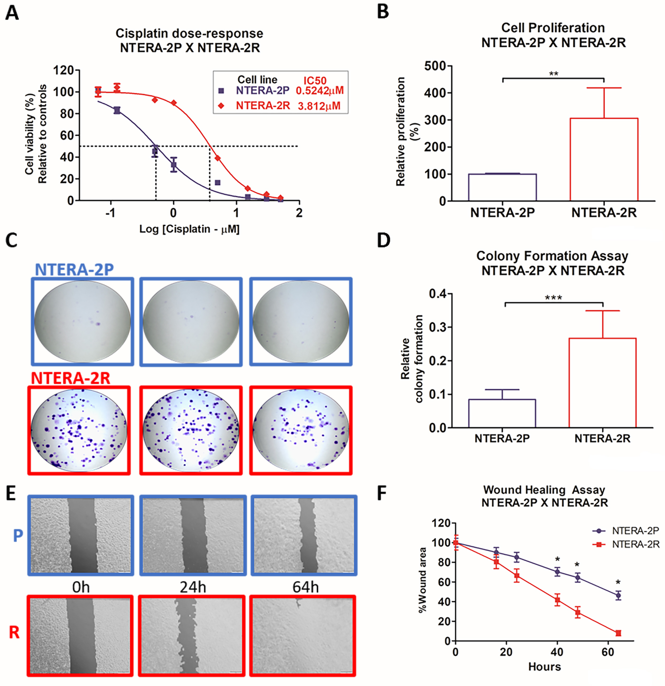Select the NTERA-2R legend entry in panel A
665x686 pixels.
coord(263,106)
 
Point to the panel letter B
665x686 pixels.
coord(383,12)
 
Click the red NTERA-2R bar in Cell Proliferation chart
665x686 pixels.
coord(604,159)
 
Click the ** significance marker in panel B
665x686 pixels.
coord(553,74)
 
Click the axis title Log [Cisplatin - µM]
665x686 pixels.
coord(189,229)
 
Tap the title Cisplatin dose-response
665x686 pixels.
coord(189,34)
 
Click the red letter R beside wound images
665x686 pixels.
coord(14,633)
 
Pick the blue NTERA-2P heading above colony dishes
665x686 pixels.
coord(74,270)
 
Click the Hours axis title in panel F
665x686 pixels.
coord(544,667)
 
